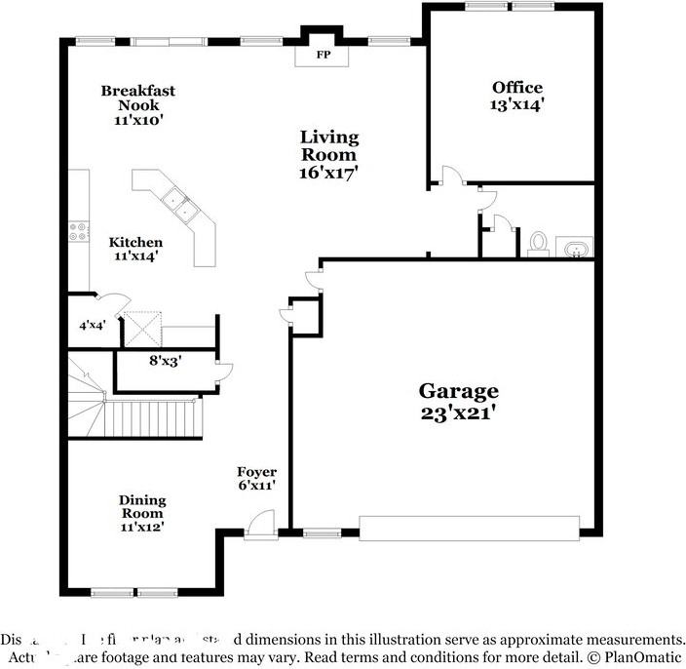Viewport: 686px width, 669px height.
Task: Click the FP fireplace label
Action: click(x=323, y=56)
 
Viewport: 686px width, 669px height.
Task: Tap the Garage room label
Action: click(x=458, y=391)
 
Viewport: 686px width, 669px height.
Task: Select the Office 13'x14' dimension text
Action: click(x=516, y=104)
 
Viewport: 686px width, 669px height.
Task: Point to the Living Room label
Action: click(x=328, y=145)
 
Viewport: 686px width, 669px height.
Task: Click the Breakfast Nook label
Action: click(x=137, y=98)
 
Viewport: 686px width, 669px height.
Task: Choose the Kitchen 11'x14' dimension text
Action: click(x=134, y=256)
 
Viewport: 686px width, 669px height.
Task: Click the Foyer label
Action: click(x=257, y=472)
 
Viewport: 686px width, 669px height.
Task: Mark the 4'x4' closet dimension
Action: click(x=92, y=326)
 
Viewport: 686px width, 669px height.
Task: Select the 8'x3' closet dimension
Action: click(x=164, y=359)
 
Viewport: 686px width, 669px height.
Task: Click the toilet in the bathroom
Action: click(x=538, y=243)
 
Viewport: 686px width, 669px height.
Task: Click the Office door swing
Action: click(x=451, y=176)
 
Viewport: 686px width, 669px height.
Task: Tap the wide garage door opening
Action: click(x=469, y=528)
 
